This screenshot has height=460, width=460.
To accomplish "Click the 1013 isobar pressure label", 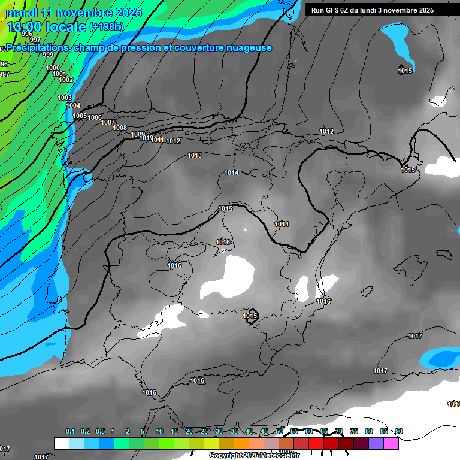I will (195, 156).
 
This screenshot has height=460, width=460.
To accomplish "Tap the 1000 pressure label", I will (53, 68).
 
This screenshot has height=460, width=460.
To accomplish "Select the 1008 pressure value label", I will (120, 128).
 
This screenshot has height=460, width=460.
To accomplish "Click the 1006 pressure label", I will (95, 118).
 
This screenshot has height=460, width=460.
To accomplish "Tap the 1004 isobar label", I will (73, 106).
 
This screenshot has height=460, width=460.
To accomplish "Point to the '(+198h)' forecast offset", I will (107, 27).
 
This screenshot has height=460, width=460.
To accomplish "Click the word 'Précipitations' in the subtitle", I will (37, 48).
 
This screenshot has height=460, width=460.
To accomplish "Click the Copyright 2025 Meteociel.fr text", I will (254, 456).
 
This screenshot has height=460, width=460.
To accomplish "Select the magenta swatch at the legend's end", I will (391, 444).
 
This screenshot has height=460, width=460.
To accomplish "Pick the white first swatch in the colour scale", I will (61, 444).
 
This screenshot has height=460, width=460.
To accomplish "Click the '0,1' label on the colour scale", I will (70, 432).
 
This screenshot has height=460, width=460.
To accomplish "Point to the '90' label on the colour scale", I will (399, 432).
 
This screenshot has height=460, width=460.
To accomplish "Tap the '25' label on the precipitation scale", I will (204, 432).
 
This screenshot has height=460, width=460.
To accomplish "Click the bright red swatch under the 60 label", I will (316, 444).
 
